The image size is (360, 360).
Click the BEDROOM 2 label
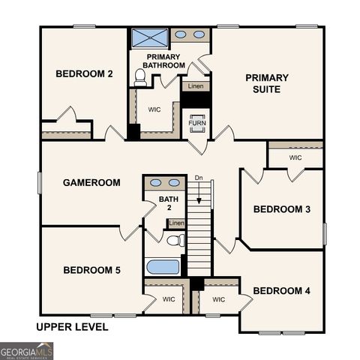tap(84, 73)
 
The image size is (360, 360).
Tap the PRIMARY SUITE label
tap(266, 83)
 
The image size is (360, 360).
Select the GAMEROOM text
tap(91, 182)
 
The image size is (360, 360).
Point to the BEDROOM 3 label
tap(281, 209)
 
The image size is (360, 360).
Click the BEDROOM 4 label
tap(281, 290)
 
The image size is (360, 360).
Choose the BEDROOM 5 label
tap(91, 270)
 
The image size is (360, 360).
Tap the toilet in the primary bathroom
tap(140, 77)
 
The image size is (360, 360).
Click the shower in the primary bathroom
tap(149, 37)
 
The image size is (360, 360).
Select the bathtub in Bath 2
tap(162, 267)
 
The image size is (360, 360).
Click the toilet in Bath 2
tap(175, 241)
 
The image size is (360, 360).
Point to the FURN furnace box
tap(196, 122)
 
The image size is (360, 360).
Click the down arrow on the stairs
tap(199, 197)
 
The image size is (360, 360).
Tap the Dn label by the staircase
tap(199, 178)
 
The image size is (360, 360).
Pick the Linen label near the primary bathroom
tap(195, 87)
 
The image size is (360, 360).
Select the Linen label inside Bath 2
tap(176, 223)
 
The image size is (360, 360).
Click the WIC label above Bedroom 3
tap(295, 158)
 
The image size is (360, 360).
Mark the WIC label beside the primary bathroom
tap(154, 109)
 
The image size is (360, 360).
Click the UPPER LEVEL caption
tap(72, 327)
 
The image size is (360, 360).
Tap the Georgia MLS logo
tap(27, 351)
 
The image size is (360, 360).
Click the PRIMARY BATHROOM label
tap(165, 61)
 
